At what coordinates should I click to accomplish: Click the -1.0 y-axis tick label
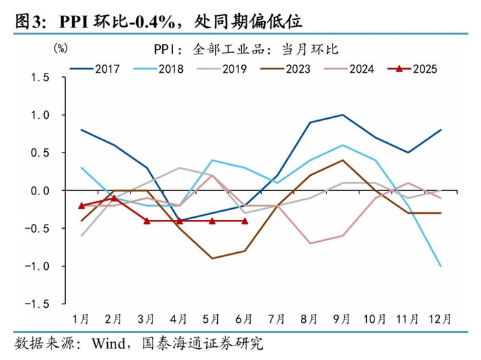38,266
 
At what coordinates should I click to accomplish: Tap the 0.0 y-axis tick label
41,190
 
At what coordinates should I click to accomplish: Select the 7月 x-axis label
278,319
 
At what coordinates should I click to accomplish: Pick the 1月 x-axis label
82,319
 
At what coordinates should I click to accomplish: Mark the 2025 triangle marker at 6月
245,221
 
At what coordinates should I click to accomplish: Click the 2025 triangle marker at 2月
114,198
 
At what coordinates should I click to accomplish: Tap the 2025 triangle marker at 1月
82,205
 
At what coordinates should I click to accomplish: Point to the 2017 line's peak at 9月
342,115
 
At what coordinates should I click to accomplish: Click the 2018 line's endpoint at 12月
440,266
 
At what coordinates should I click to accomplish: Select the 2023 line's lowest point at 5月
212,258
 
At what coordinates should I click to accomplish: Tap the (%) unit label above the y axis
60,49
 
